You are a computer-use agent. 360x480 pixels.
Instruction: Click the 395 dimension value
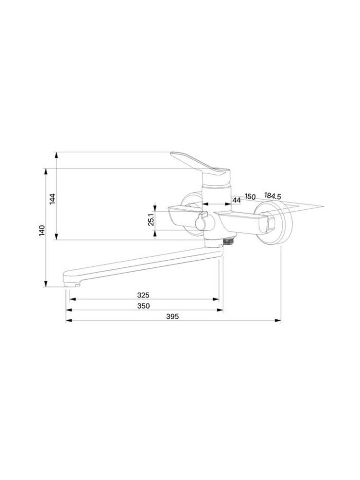[x=172, y=316]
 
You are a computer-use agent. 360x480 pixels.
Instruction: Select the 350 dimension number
[x=143, y=306]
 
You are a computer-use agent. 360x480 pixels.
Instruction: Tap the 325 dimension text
[x=143, y=295]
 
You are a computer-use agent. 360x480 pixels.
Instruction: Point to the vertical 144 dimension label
[x=52, y=199]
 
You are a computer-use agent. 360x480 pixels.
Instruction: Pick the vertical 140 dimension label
[x=42, y=230]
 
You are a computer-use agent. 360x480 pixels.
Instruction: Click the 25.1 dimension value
[x=151, y=219]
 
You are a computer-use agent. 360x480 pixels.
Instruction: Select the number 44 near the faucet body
[x=237, y=200]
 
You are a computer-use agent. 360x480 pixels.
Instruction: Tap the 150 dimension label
[x=250, y=196]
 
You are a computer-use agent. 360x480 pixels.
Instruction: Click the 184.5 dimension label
[x=273, y=196]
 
